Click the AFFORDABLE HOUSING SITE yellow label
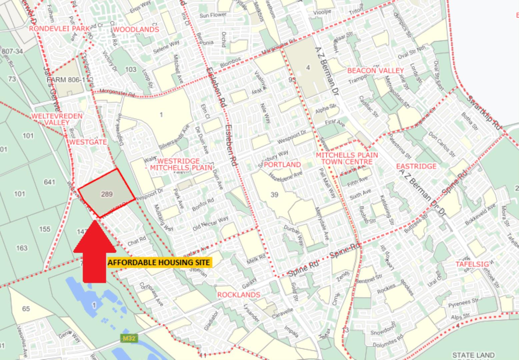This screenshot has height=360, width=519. (159, 263)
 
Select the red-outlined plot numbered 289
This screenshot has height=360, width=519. (106, 194)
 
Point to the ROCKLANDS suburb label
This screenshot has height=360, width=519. (238, 295)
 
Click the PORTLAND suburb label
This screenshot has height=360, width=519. (282, 165)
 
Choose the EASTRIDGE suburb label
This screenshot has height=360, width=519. (416, 166)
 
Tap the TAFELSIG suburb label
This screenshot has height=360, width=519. (472, 264)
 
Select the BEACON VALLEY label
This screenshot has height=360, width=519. (375, 71)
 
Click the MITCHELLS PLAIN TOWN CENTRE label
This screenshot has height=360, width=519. (347, 158)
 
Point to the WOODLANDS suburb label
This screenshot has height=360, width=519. (136, 29)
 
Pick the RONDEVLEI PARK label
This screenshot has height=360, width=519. (59, 28)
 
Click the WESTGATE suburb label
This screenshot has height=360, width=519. (88, 142)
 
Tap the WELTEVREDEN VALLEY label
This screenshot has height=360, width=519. (57, 119)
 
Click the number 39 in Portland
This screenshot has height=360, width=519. (274, 194)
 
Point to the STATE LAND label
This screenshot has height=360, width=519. (473, 355)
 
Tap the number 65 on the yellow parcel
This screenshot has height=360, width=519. (26, 309)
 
